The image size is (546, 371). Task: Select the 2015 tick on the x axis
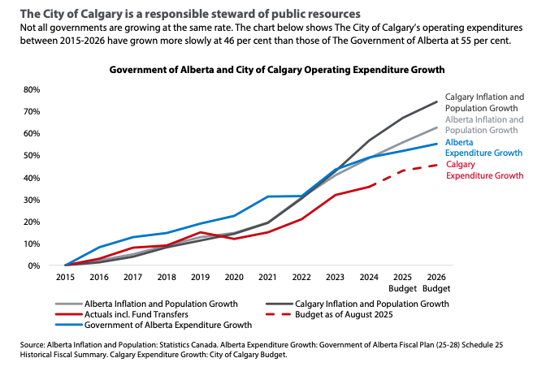[65, 278]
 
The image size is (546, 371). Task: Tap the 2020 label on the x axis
[232, 278]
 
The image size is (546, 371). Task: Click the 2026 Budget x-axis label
[435, 283]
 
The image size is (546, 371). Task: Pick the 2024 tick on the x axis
[368, 278]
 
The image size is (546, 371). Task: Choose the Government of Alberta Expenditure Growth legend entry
[156, 324]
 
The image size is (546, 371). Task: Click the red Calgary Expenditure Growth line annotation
[480, 170]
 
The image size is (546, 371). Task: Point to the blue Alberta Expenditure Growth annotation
[480, 146]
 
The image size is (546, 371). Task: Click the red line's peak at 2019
[200, 232]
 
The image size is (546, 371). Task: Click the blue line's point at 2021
[267, 196]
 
